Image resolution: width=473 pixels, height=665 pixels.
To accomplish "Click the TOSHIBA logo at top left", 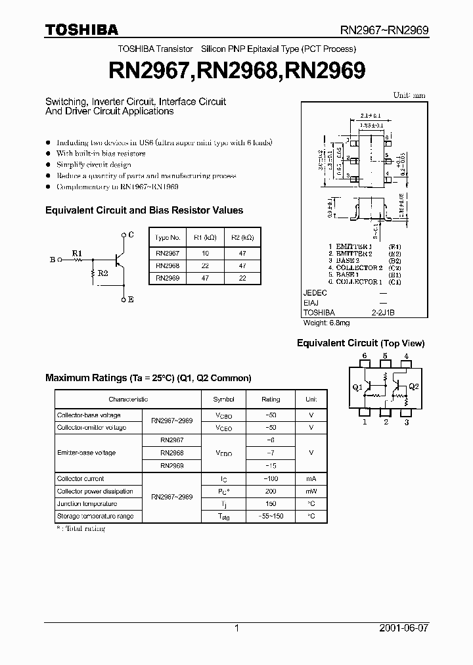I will tap(81, 30).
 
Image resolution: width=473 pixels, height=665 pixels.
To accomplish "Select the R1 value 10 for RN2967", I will tap(205, 253).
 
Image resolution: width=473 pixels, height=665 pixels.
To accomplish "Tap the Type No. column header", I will tap(169, 237).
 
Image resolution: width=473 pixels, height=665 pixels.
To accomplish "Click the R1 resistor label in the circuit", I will tap(78, 252).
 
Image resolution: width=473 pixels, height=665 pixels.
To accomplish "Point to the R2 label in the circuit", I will tap(103, 272).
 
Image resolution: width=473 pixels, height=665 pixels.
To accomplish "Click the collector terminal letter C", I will tap(131, 235).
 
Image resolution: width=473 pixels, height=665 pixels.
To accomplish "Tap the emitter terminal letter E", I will tap(131, 300).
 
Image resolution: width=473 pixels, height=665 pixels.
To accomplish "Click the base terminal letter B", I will tap(52, 260).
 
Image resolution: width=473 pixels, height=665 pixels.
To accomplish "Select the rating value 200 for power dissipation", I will tap(270, 492).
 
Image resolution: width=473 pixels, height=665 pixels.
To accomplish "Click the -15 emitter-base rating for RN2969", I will tap(270, 465).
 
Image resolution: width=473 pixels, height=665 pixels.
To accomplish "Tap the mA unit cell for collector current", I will tap(311, 479).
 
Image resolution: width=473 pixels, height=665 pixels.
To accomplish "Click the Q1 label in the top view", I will tap(357, 388).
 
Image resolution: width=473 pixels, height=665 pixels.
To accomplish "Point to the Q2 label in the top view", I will tap(413, 387).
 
